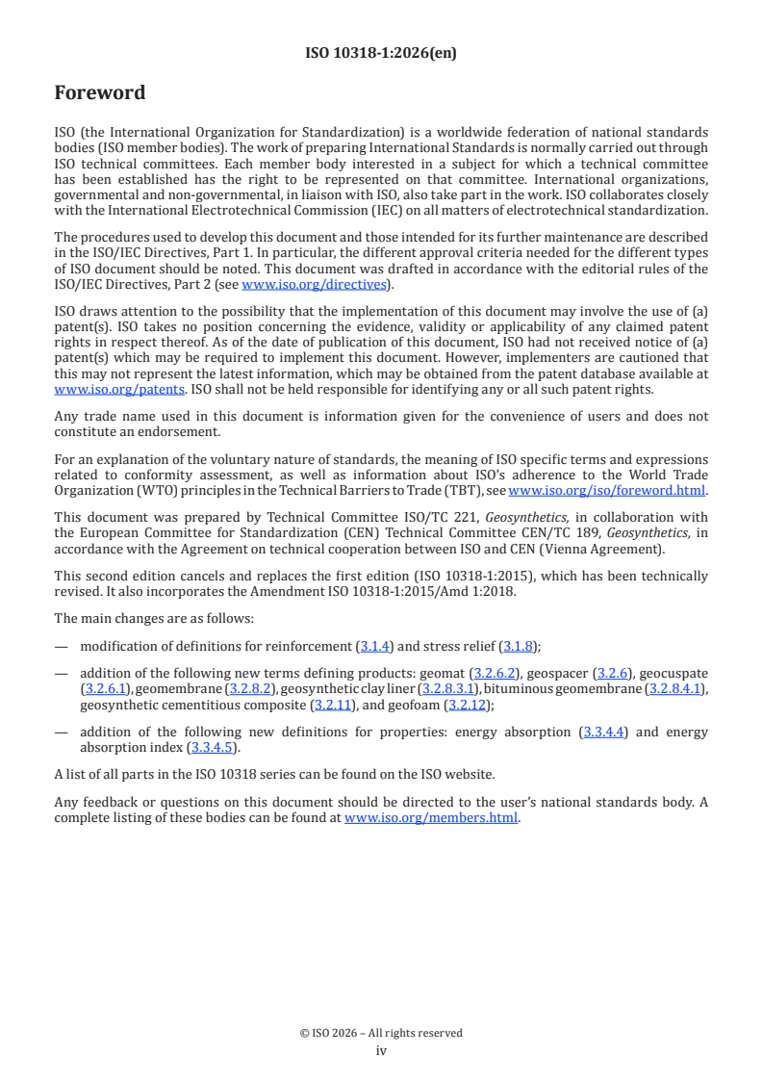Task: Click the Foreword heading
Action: click(x=100, y=93)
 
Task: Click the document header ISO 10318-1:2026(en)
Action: click(x=381, y=53)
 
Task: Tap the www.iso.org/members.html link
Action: click(x=431, y=818)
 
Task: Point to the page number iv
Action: click(x=381, y=1051)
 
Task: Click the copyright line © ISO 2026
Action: click(x=381, y=1033)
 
